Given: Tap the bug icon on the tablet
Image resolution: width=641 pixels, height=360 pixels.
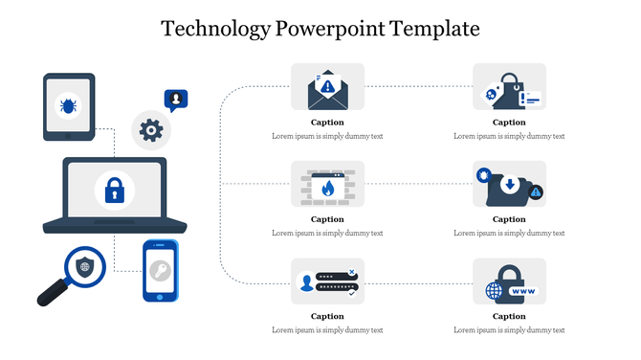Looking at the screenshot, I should [69, 104].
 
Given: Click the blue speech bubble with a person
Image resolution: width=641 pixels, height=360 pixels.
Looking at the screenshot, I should [176, 99].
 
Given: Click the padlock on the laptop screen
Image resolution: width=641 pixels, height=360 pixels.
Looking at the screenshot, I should [114, 190].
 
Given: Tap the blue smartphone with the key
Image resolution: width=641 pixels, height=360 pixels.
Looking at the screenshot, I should [161, 271].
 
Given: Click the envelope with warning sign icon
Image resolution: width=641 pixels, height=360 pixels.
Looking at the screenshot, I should [327, 88].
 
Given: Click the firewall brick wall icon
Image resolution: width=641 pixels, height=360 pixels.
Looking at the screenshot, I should [327, 185].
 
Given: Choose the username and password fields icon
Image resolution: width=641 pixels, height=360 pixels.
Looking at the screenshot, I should [327, 281].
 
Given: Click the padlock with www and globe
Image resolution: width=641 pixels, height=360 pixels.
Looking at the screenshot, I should [509, 283].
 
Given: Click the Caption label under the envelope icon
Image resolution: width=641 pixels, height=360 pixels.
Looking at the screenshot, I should [327, 123].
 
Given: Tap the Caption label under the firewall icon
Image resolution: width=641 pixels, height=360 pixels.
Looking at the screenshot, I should [327, 219].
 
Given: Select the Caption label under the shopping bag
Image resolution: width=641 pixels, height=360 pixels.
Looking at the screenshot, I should [509, 123].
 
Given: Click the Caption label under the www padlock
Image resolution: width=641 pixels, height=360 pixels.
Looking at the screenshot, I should [509, 316].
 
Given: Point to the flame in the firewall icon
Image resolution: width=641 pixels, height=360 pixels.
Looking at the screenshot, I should [327, 188].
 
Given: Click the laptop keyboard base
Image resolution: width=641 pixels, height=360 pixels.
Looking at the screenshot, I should [105, 226].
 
